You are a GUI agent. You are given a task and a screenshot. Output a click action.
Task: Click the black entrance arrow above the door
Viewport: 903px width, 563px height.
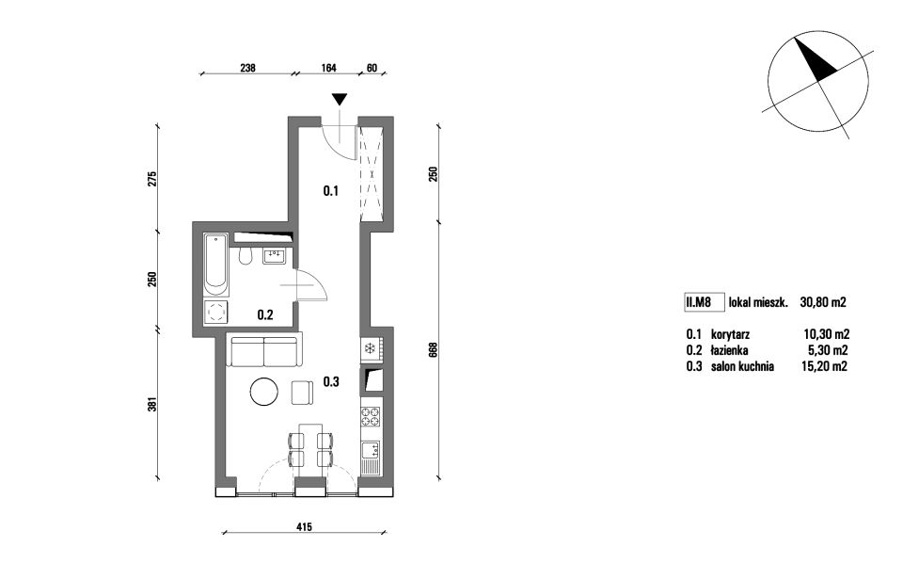340,100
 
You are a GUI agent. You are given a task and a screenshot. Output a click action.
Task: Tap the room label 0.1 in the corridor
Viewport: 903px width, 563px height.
330,191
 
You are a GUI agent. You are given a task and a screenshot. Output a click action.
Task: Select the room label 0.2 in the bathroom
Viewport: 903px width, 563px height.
265,314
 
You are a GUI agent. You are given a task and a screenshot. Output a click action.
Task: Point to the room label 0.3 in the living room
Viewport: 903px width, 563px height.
331,381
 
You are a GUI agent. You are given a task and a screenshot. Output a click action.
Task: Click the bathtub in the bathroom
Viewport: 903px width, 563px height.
216,266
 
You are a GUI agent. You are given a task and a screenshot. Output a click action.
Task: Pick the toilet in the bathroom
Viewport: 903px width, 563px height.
246,257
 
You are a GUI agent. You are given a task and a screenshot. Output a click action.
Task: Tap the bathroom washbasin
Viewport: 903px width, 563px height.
274,254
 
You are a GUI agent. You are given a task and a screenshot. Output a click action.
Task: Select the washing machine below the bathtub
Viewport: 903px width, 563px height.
216,313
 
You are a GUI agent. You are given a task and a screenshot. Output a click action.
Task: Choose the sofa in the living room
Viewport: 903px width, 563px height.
264,350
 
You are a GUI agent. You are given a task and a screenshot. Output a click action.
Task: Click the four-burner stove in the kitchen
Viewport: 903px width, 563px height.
370,417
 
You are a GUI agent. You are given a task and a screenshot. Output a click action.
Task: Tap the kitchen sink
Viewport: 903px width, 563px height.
371,458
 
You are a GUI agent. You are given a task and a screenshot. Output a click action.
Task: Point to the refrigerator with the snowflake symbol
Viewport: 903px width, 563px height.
371,349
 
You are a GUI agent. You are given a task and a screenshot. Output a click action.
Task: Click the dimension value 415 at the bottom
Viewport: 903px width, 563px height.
304,526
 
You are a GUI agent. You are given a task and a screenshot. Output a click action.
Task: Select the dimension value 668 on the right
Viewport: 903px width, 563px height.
433,350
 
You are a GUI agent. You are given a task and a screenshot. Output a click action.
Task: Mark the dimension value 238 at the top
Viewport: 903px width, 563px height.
247,68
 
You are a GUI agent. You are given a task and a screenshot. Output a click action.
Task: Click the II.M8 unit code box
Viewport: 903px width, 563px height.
704,302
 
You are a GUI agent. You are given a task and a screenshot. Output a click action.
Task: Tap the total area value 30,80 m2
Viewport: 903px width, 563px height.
823,302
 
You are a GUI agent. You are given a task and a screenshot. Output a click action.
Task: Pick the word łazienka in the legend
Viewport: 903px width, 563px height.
730,350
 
